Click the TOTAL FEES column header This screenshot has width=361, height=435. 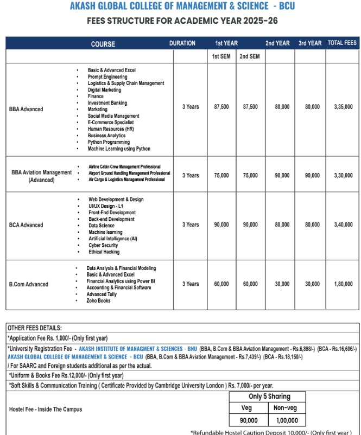342,43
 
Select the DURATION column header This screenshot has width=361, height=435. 182,43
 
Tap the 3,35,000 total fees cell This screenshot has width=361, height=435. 343,107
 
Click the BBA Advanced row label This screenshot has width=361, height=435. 26,110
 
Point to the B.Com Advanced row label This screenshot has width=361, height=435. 29,284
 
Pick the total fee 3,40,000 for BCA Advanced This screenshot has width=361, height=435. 343,225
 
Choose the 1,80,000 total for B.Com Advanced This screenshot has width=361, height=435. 343,284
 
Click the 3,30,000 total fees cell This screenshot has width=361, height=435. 343,175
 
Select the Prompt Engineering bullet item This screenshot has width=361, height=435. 107,77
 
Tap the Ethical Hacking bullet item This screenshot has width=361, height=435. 104,252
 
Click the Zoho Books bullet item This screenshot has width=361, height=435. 98,300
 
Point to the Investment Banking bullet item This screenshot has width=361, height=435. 107,103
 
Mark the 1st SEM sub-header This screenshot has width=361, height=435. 221,56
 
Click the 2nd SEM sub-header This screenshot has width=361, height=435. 250,56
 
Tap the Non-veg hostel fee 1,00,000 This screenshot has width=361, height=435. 285,420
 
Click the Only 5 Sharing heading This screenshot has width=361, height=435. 269,396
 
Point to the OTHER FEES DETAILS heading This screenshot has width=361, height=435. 35,328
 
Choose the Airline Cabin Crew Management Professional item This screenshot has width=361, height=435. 124,167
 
